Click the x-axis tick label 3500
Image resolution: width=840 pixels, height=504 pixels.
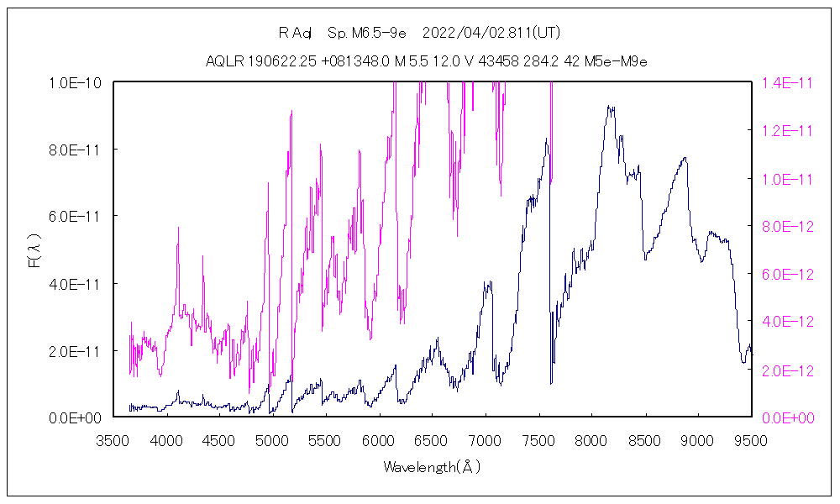pos(114,440)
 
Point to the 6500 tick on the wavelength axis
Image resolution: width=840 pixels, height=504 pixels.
pos(432,440)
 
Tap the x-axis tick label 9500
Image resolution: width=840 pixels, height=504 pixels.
pos(749,440)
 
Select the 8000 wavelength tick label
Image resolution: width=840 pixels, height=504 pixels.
pos(591,440)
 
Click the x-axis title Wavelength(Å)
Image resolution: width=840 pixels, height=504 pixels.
pos(432,466)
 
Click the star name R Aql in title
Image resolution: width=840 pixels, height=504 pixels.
pos(295,34)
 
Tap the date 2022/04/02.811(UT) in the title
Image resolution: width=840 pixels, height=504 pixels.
pos(491,34)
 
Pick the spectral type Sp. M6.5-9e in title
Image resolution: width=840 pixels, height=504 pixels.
pos(367,34)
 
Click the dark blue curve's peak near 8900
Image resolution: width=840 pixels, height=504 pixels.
pos(685,158)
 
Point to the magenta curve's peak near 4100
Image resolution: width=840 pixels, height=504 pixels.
pos(178,228)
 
